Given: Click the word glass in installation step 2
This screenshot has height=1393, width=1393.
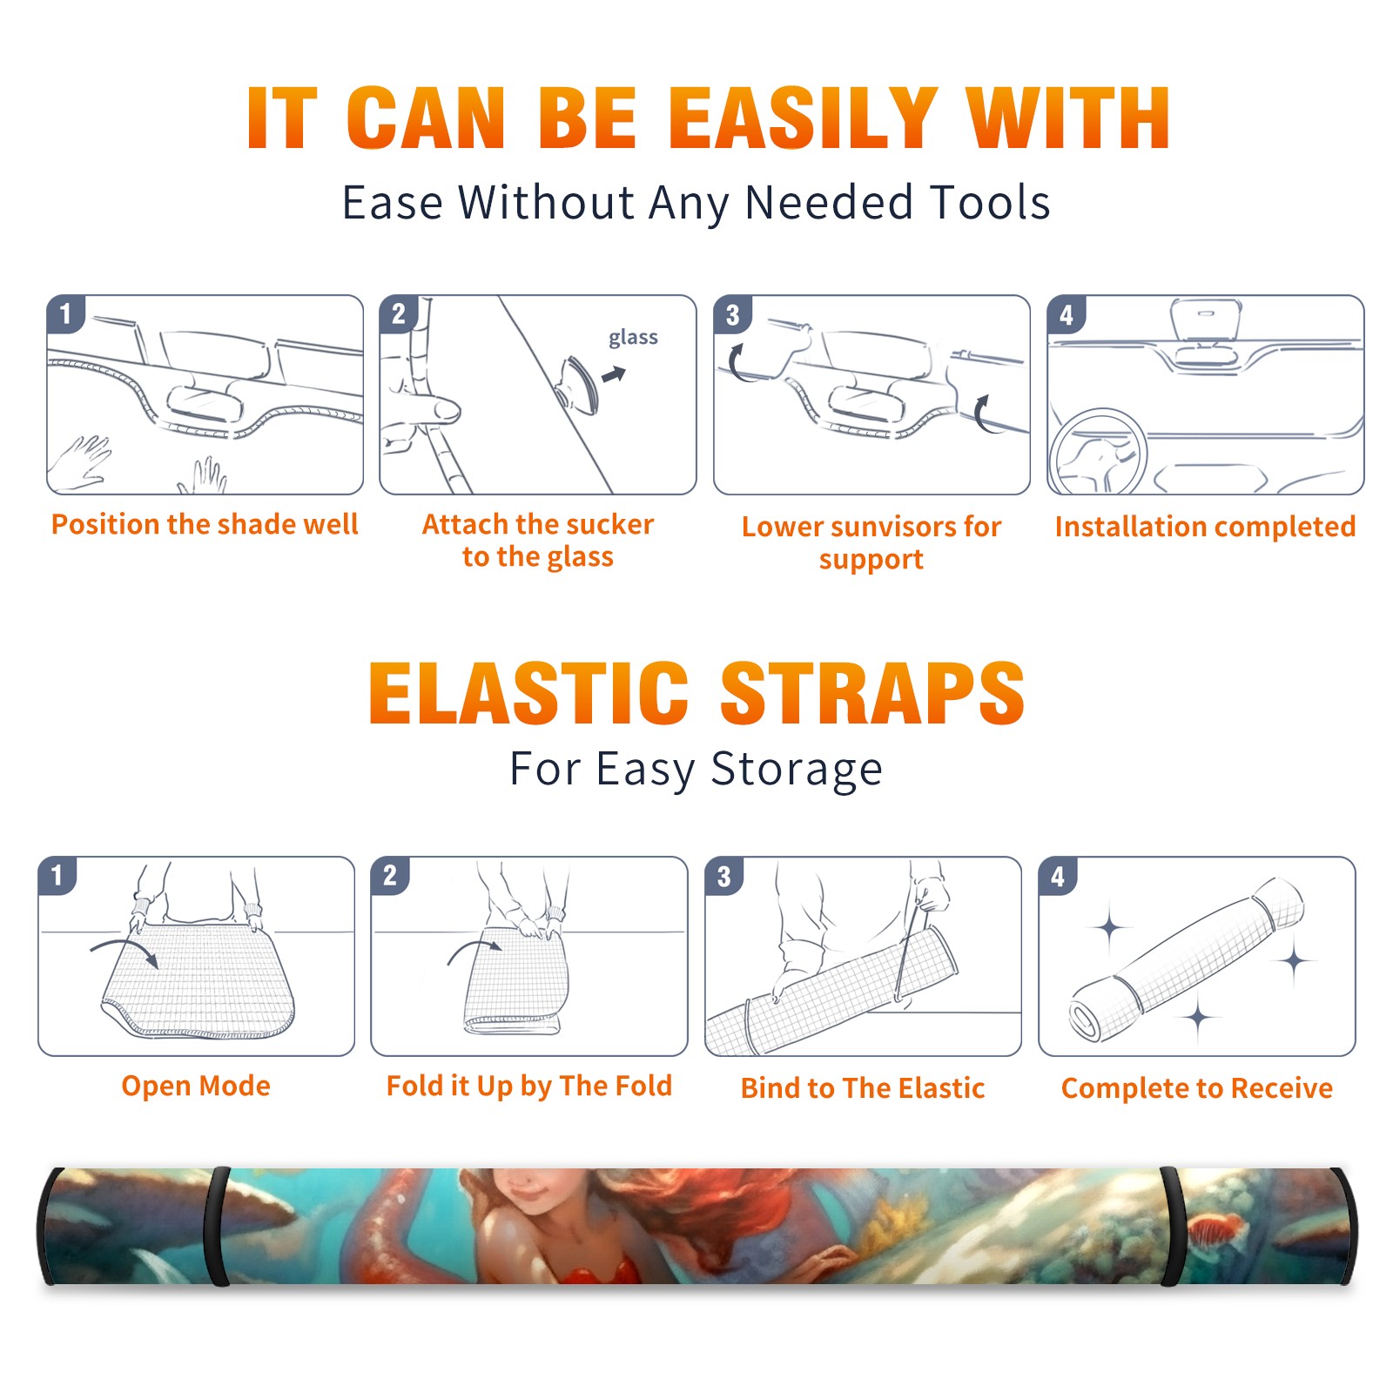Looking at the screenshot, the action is point(633,338).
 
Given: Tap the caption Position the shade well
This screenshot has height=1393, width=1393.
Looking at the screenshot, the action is point(205,524).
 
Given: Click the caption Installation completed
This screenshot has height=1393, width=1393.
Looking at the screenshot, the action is point(1205,527).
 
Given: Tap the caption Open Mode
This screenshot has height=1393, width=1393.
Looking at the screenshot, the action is point(196,1086).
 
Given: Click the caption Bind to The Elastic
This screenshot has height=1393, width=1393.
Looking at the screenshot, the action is point(863,1088).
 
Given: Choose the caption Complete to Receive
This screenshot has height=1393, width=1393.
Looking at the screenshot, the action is point(1197,1088).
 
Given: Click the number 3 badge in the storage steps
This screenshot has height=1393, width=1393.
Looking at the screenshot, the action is point(724,877).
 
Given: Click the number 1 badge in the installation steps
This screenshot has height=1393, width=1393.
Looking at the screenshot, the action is point(66,313).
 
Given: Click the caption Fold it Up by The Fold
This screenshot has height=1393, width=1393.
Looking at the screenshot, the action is point(529,1086).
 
